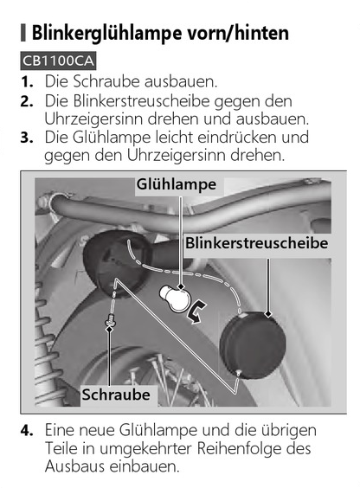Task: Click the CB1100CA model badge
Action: [x=58, y=61]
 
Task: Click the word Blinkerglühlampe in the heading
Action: [x=106, y=32]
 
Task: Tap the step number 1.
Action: [x=27, y=82]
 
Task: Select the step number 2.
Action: [x=27, y=101]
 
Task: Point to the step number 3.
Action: [x=27, y=138]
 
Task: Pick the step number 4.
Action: [x=27, y=431]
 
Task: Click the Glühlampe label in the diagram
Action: [x=177, y=185]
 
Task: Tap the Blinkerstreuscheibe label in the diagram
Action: [x=257, y=243]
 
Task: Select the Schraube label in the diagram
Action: [x=116, y=395]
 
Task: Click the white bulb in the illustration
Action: [x=174, y=299]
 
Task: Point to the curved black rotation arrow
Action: [x=196, y=312]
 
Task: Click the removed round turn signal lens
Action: [x=253, y=345]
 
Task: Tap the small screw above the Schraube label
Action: [x=110, y=320]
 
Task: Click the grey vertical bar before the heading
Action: [x=23, y=32]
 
